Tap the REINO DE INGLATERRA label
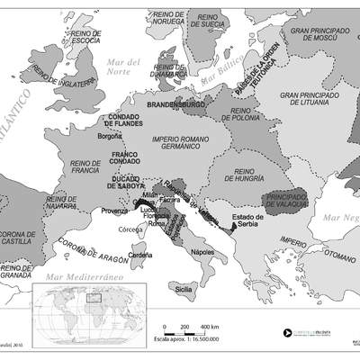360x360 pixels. coord(64,79)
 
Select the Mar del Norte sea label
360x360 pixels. coord(124,66)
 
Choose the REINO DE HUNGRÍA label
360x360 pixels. coord(231,175)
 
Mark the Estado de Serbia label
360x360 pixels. coord(247,222)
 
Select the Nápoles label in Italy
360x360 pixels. coord(202,252)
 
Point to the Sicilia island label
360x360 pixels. coord(184,290)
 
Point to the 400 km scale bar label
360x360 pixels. coord(210,325)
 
